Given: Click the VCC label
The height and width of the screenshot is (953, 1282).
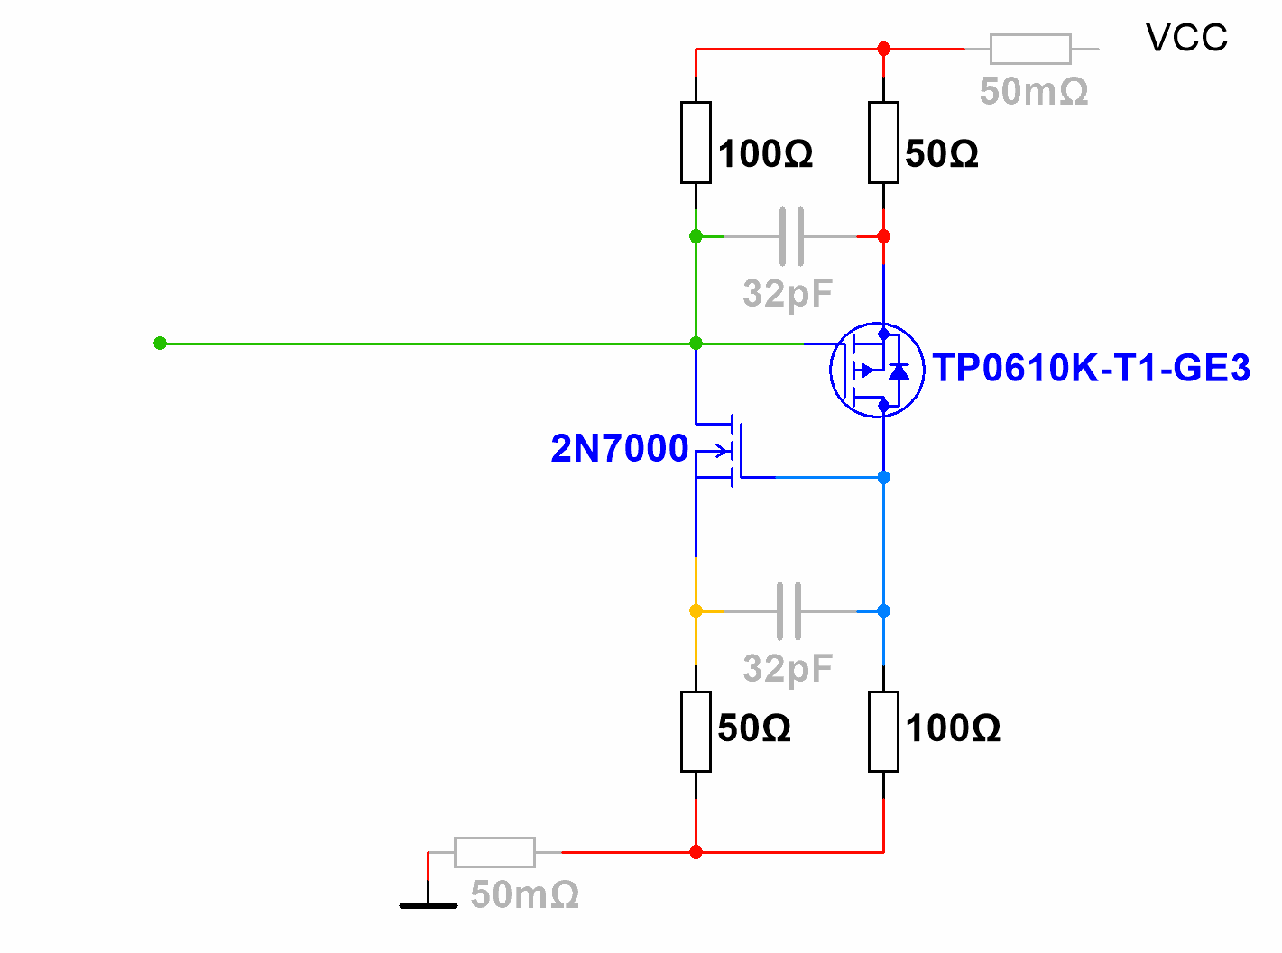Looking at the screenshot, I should click(1185, 38).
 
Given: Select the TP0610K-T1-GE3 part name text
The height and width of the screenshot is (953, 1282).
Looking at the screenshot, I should click(1091, 368).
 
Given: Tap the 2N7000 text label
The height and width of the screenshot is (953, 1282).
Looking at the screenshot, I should click(620, 448).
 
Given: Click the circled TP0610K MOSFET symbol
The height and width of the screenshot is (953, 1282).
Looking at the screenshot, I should click(877, 370).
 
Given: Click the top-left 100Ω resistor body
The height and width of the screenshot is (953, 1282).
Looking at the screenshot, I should click(696, 142).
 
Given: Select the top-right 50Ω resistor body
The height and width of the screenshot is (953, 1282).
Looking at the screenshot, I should click(883, 142).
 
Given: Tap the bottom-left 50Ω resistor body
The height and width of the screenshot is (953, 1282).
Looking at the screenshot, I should click(696, 731).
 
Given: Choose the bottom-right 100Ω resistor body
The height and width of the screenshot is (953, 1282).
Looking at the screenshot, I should click(883, 731).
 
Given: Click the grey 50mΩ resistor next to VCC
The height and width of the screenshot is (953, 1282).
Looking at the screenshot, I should click(1030, 49).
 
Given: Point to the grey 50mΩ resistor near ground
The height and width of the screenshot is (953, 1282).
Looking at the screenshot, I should click(494, 852).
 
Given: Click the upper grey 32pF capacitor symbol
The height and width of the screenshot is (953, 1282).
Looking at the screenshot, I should click(791, 236).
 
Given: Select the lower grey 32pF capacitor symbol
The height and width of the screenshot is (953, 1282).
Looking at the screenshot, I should click(789, 611).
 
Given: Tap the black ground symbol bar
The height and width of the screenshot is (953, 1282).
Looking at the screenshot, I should click(429, 904).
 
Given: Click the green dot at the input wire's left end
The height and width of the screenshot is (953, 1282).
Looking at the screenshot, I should click(160, 344).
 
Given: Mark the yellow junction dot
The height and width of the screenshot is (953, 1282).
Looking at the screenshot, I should click(696, 611).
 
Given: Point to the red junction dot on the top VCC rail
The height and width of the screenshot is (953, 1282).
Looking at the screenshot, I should click(883, 49).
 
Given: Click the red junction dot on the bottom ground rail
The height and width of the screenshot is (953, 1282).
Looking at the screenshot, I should click(696, 852).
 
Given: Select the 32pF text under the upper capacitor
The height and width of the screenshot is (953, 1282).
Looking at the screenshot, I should click(788, 294).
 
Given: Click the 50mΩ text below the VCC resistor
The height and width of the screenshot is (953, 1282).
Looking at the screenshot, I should click(1034, 92).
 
